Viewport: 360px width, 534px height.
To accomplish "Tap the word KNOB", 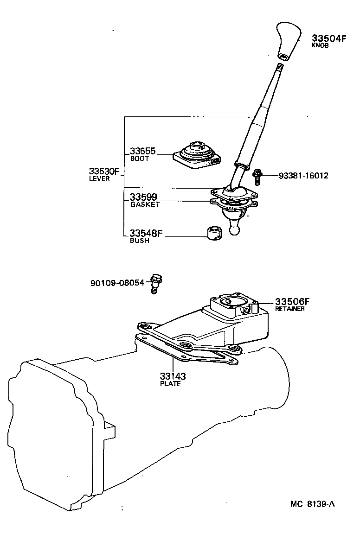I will (x=320, y=46).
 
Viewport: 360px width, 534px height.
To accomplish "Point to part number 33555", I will (x=142, y=151).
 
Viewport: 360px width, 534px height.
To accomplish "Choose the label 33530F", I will (x=104, y=172).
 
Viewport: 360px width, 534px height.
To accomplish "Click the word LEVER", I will (x=99, y=179).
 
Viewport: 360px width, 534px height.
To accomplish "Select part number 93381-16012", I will (x=303, y=176).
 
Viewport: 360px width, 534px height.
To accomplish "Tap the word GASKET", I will (x=144, y=204).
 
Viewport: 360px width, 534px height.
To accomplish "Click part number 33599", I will (x=143, y=197).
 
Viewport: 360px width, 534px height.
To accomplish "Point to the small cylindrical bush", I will (x=214, y=233).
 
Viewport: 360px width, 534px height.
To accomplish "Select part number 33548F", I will (x=146, y=233).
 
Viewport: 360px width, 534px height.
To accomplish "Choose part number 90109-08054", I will (x=117, y=282).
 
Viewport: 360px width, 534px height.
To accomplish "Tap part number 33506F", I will (x=292, y=301).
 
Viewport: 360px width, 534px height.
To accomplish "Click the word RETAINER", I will (x=290, y=309).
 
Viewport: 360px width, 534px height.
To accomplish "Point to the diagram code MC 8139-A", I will (x=312, y=504).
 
